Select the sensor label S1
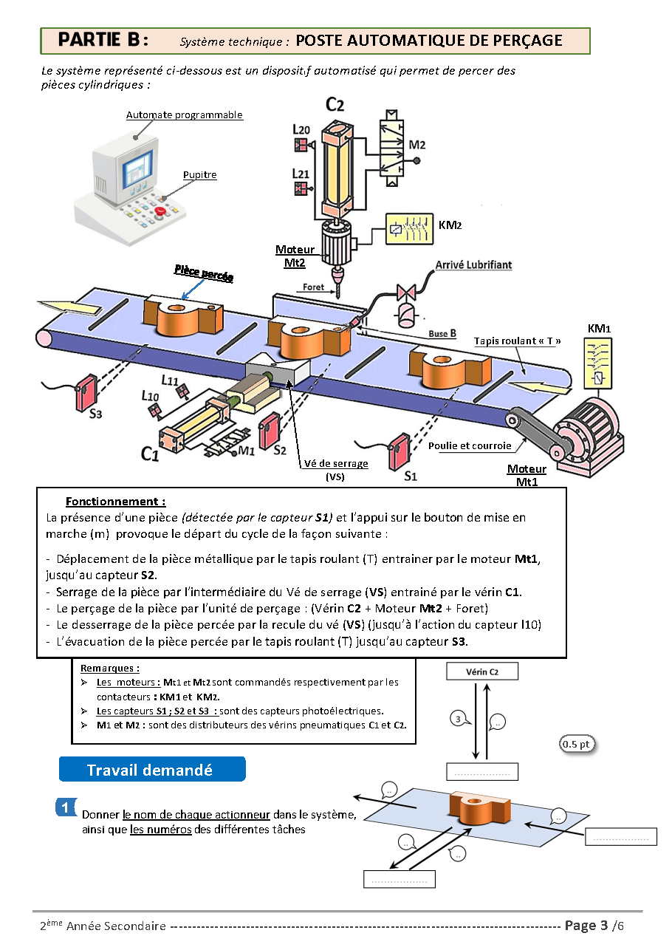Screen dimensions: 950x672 coord(411,476)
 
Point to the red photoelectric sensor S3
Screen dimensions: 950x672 coord(87,392)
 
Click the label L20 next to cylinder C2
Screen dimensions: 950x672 coord(301,129)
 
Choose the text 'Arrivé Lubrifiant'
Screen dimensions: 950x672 coord(473,264)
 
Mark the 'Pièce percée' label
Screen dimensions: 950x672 coord(204,273)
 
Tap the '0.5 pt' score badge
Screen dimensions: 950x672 coord(576,744)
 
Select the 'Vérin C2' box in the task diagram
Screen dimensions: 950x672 coord(482,672)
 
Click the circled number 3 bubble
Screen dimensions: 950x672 coord(458,719)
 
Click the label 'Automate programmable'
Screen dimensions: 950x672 coord(185,115)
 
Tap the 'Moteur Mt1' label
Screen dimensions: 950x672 coord(527,474)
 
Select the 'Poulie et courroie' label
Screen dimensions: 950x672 coord(470,446)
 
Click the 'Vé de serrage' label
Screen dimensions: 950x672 coord(336,464)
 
